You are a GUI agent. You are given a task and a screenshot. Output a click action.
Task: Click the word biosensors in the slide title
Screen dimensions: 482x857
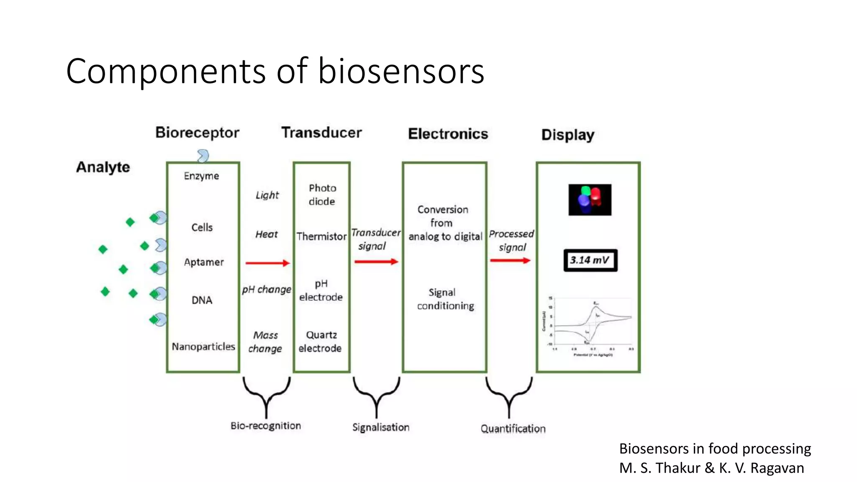(x=400, y=71)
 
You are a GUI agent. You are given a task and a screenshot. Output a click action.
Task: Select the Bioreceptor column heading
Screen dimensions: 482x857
(x=197, y=133)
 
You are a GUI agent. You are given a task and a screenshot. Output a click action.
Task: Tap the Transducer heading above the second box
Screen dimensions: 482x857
(x=321, y=133)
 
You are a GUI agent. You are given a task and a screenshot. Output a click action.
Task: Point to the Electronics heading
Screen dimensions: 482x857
(x=448, y=134)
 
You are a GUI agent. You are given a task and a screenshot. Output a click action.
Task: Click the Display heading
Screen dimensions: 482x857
(x=567, y=135)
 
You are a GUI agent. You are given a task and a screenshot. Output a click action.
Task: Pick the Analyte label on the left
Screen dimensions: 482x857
(x=103, y=167)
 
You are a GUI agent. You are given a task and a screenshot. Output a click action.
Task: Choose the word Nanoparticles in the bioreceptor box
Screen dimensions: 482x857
(x=203, y=346)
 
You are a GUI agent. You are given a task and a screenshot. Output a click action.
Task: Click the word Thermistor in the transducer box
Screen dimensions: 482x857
(x=321, y=236)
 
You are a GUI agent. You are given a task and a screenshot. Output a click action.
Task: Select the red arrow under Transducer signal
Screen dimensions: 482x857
(x=376, y=262)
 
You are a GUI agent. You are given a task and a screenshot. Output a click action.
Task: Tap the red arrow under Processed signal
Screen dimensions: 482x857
(x=510, y=261)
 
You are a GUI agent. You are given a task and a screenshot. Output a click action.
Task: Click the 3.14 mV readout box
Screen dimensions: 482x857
(x=590, y=260)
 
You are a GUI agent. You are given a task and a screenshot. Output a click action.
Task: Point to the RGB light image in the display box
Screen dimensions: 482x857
(x=590, y=200)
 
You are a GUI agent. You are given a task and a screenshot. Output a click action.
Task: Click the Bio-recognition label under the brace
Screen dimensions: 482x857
(x=266, y=426)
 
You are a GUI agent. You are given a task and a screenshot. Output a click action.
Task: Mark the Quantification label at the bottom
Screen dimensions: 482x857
(x=513, y=428)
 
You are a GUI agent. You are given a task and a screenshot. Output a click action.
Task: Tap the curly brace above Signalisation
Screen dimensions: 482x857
(x=376, y=395)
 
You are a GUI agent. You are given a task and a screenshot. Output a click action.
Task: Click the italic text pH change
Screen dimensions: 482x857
(x=267, y=290)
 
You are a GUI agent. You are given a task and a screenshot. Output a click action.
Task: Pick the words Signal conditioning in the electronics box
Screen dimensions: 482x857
(x=445, y=299)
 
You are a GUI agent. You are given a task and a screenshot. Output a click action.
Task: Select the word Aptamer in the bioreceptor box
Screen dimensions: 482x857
(x=204, y=262)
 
